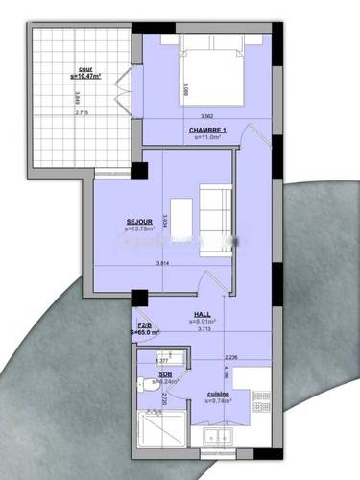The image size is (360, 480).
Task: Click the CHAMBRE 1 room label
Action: (x=207, y=130)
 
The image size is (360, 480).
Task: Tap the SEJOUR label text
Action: (x=140, y=222)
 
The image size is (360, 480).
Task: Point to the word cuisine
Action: (x=218, y=394)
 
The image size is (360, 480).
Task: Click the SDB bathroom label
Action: (x=165, y=373)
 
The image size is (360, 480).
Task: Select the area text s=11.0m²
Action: (x=207, y=137)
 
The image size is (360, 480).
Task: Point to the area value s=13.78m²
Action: (x=140, y=229)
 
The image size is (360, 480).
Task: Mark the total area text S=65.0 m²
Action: (x=145, y=333)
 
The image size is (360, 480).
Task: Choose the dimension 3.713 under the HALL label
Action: (x=204, y=329)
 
